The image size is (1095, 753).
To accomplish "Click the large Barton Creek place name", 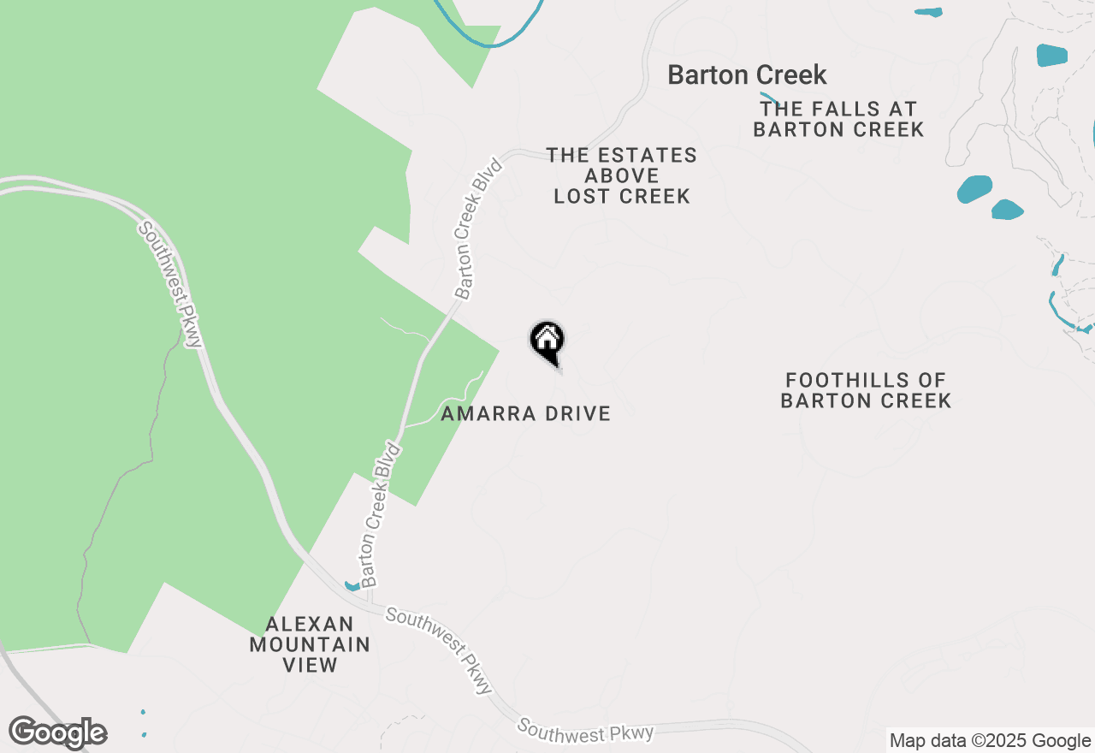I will pyautogui.click(x=747, y=75).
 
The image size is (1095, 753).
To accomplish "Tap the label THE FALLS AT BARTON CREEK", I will pyautogui.click(x=838, y=120).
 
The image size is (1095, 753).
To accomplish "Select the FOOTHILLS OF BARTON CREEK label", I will pyautogui.click(x=866, y=390).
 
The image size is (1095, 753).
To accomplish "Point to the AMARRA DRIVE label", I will pyautogui.click(x=526, y=414).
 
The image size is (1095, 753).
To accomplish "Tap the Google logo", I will pyautogui.click(x=58, y=732).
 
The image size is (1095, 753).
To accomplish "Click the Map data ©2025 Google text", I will pyautogui.click(x=990, y=741).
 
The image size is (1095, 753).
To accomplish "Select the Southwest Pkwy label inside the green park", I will pyautogui.click(x=170, y=285).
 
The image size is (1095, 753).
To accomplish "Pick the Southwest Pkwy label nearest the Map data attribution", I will pyautogui.click(x=586, y=732).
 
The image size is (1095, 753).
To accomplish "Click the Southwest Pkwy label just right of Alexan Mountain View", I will pyautogui.click(x=440, y=650).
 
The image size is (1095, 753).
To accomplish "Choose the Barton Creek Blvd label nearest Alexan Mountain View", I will pyautogui.click(x=381, y=514).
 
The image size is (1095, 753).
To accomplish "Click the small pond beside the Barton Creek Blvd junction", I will pyautogui.click(x=352, y=586).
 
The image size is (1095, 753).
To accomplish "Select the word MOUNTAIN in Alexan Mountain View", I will pyautogui.click(x=310, y=644).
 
